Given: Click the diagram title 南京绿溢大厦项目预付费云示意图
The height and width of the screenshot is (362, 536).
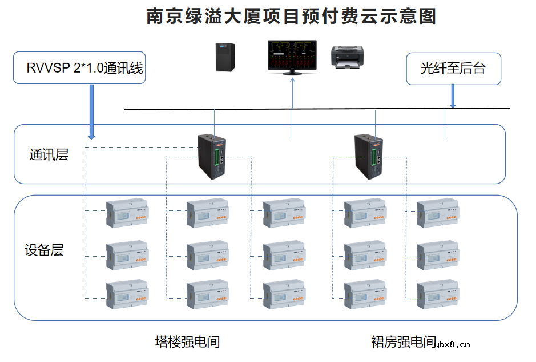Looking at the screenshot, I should (291, 17).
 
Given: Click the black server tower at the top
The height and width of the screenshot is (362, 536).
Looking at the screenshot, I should (225, 57).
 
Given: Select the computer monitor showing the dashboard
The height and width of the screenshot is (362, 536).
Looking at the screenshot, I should (292, 56).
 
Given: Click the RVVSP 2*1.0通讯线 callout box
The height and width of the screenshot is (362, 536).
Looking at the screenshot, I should (79, 68).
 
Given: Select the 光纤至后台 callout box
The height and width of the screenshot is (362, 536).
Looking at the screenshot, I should (453, 69).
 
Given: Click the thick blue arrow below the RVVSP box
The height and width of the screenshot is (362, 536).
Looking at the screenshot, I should (91, 112).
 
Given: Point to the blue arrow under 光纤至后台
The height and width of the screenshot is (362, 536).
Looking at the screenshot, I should (453, 96).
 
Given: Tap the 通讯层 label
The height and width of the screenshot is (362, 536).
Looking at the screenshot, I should (49, 154).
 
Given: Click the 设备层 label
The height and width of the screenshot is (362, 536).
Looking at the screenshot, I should (44, 250).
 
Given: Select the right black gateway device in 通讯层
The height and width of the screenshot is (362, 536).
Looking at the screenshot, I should (369, 156).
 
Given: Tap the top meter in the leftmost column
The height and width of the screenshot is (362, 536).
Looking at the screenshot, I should (127, 213).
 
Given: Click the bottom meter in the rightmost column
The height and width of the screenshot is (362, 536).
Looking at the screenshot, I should (437, 295).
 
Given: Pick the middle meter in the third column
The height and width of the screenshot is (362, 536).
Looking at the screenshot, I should (284, 255).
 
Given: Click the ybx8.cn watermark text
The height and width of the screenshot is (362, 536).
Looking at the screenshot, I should (453, 344).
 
